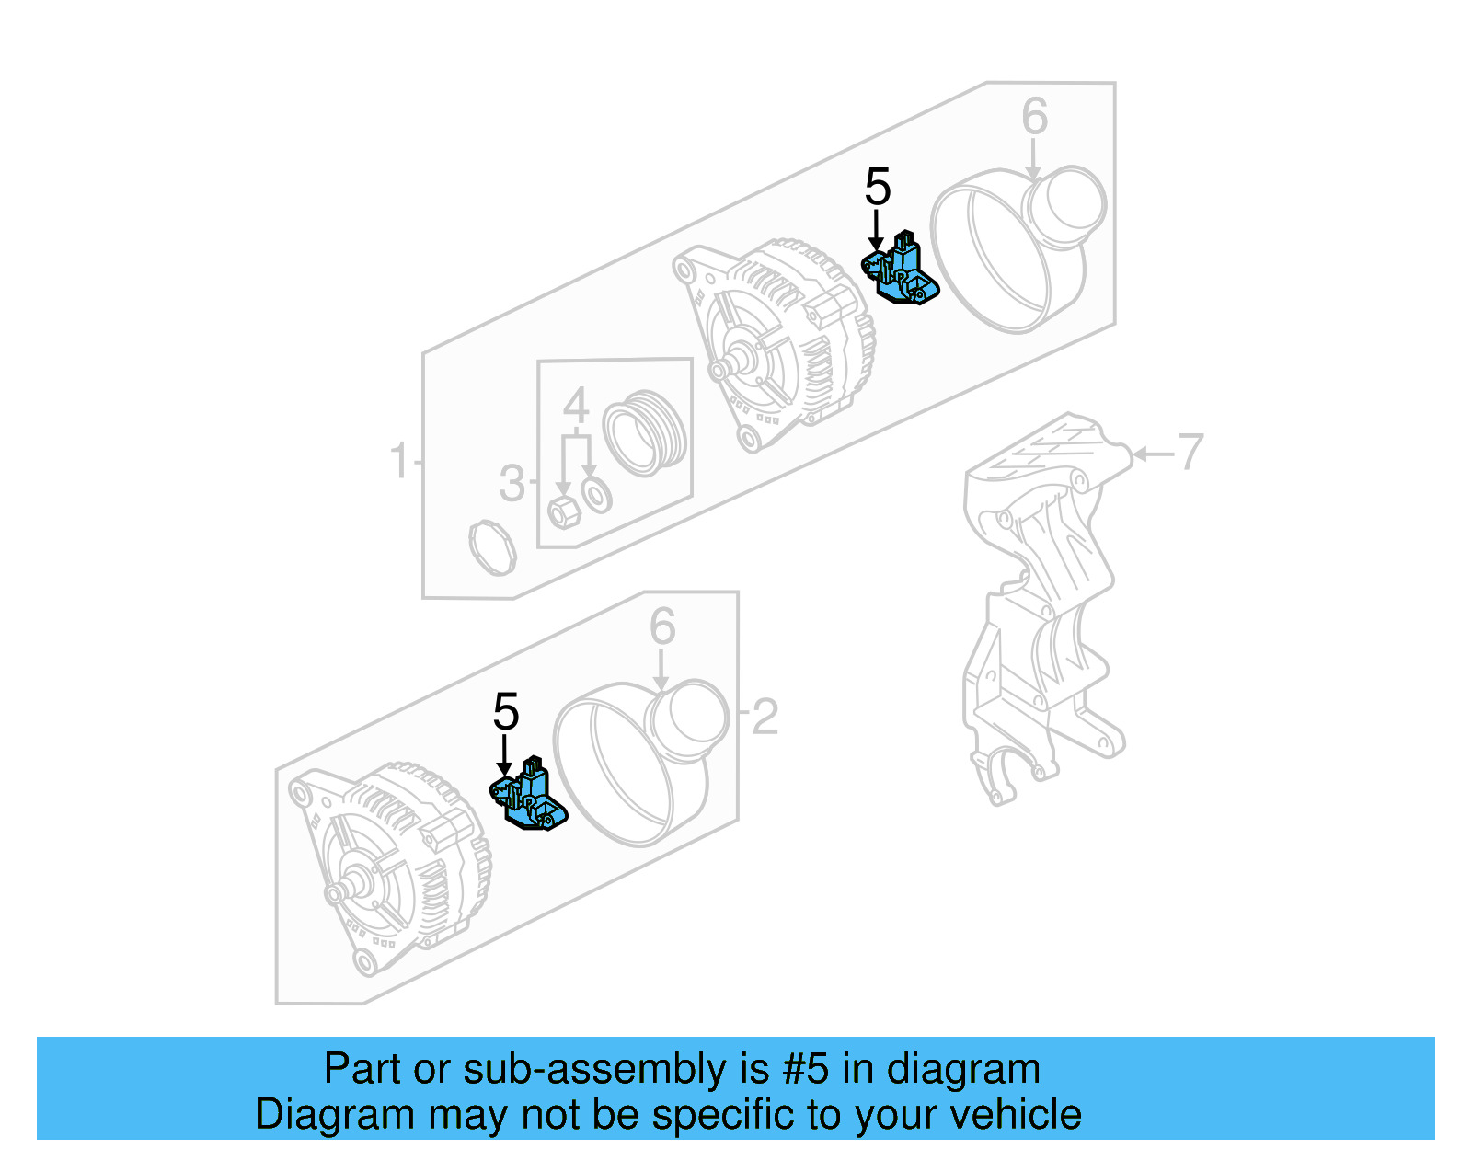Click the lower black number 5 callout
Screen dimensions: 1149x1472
tap(506, 712)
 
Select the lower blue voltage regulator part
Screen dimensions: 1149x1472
tap(529, 797)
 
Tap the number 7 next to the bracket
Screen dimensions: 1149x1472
tap(1190, 452)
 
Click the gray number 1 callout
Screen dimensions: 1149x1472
tap(398, 461)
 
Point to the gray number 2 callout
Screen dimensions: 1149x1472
tap(765, 717)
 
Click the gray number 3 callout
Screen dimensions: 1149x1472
tap(512, 484)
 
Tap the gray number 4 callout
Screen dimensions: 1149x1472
tap(576, 406)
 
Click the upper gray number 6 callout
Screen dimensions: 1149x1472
tap(1034, 118)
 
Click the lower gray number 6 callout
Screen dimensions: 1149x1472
tap(662, 627)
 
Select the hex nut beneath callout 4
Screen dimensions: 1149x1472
tap(563, 512)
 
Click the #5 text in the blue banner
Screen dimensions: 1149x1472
tap(806, 1070)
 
